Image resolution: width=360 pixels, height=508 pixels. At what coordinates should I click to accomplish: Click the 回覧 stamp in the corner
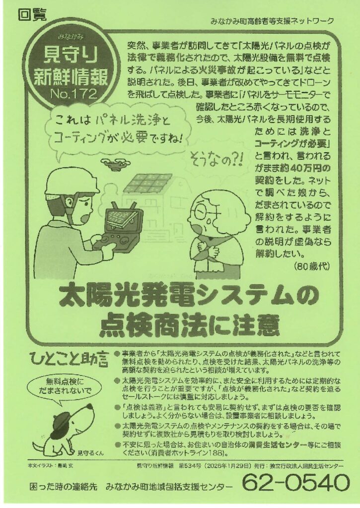point(33,15)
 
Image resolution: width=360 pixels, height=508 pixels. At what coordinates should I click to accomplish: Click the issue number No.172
point(73,94)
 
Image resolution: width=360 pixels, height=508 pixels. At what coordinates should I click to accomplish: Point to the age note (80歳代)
point(312,266)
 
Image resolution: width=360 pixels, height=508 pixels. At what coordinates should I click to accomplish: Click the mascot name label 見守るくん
point(91,453)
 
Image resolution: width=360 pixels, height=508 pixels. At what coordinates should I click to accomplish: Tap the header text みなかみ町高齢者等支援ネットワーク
point(272,21)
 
